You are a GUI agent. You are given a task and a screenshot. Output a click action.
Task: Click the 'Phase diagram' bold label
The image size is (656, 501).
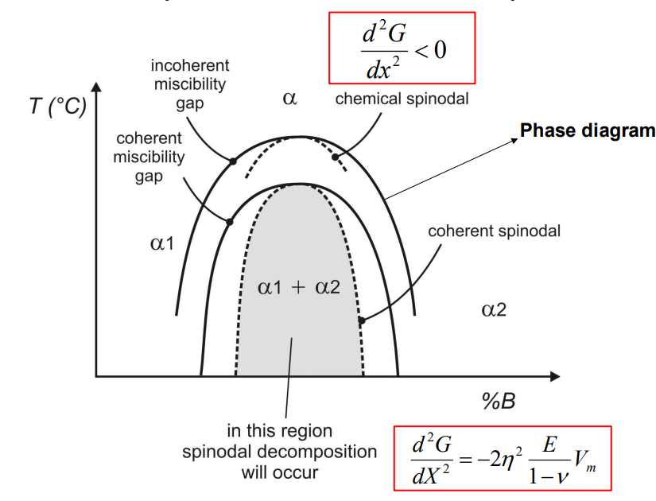587,131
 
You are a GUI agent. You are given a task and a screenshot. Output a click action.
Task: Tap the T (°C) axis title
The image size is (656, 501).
57,107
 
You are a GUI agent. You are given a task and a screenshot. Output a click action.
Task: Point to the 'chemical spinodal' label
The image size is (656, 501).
402,99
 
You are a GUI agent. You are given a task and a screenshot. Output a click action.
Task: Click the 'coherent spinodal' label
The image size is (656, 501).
495,231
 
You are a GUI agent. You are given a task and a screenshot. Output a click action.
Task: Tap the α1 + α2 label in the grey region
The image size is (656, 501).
299,287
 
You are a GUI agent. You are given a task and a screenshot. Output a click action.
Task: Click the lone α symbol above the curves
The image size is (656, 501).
289,99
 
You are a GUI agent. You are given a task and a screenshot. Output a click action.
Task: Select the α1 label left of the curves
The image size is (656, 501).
161,243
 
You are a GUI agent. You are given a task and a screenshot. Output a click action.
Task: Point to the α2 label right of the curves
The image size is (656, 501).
494,309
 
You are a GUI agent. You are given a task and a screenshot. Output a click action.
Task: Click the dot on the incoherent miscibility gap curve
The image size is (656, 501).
232,161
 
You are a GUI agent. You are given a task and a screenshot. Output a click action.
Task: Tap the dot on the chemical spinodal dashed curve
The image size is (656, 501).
335,157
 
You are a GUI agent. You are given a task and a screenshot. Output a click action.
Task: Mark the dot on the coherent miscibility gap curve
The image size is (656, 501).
229,222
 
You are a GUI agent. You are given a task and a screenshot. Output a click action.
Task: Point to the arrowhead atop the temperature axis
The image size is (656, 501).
96,85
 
